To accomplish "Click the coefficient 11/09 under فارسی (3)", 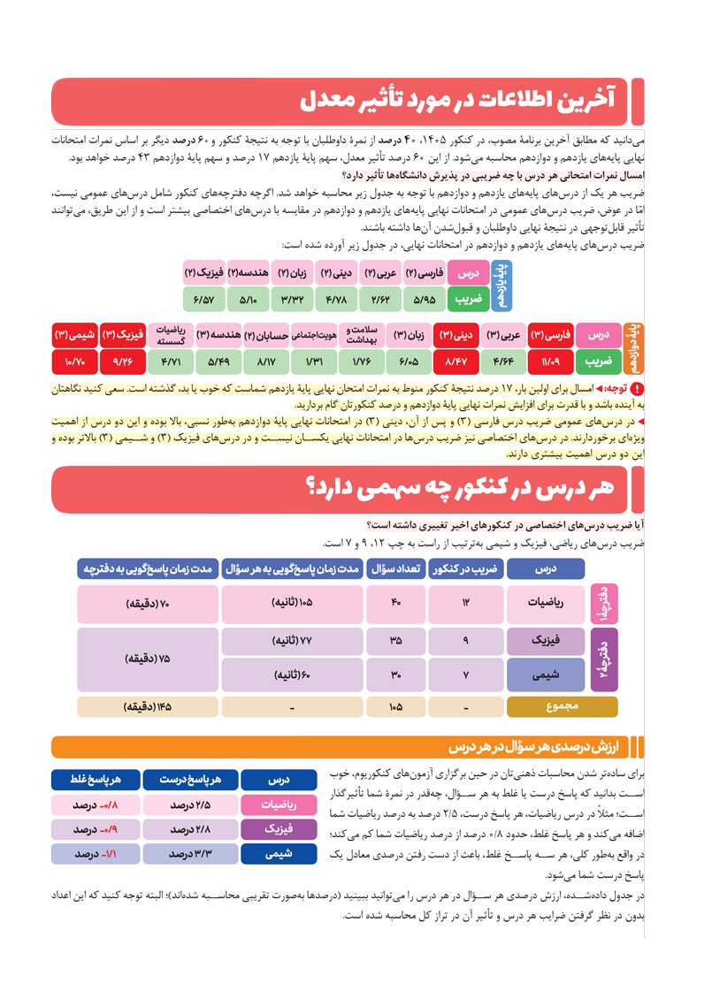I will [x=550, y=362].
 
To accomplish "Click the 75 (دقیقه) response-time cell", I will [x=148, y=659].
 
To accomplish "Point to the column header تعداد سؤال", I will [x=395, y=568].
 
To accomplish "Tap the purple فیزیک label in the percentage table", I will [x=279, y=830].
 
